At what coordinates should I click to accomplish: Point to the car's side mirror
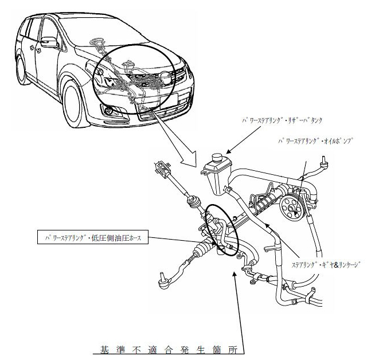click(x=49, y=42)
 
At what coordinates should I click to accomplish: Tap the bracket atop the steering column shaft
click(x=162, y=170)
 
